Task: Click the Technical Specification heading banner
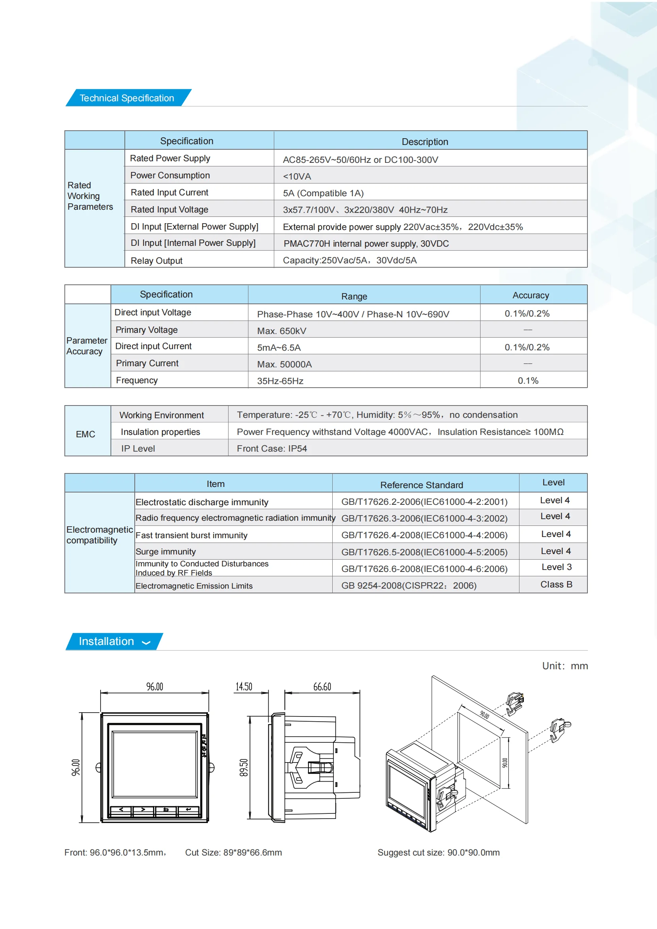(127, 98)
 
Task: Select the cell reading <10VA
(297, 176)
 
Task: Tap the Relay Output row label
(156, 261)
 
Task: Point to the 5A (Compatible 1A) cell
(323, 193)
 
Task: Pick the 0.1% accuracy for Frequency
(528, 381)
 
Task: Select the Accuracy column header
(530, 296)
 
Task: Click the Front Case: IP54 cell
(271, 448)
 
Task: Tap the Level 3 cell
(556, 567)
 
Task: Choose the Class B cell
(556, 584)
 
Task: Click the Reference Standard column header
(421, 485)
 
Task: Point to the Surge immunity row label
(166, 552)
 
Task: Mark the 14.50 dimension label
(244, 687)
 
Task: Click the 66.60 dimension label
(322, 687)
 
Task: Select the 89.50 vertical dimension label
(244, 768)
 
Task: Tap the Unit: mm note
(565, 666)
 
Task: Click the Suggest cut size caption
(438, 852)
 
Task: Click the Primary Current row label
(147, 363)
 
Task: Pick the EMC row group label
(85, 434)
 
